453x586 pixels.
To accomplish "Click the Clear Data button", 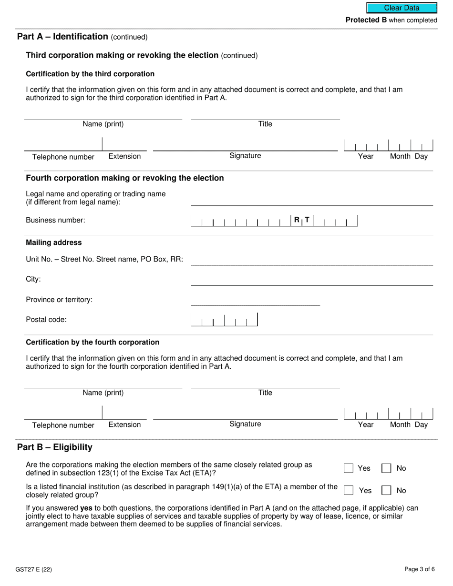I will (x=402, y=8).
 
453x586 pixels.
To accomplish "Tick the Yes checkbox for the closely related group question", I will (x=349, y=468).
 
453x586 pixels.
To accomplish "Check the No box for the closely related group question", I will (x=386, y=468).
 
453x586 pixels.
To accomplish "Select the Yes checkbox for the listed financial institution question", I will (x=349, y=490).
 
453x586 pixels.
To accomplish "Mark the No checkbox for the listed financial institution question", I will (x=386, y=490).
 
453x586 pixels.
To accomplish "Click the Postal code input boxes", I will (x=224, y=320).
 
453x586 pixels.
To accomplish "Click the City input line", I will (x=311, y=281).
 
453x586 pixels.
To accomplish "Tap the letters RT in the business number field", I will (x=301, y=220).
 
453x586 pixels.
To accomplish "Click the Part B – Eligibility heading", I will (x=55, y=447).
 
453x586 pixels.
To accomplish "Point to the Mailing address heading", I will (x=53, y=242).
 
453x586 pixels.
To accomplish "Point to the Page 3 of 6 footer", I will (x=419, y=569).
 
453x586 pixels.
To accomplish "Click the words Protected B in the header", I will (x=366, y=20).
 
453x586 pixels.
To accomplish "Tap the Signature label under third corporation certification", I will (x=245, y=156).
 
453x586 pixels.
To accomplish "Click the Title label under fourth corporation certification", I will (x=265, y=393).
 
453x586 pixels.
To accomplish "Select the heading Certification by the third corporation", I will (x=90, y=74).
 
